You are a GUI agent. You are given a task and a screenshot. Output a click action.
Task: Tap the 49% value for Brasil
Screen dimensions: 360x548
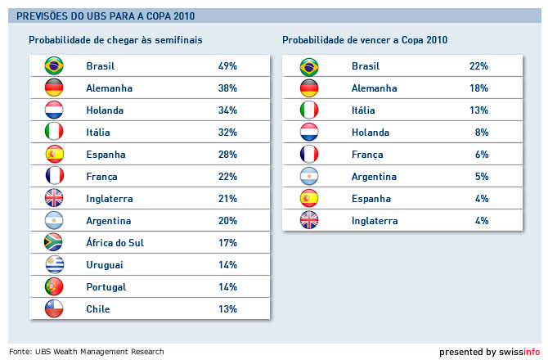pyautogui.click(x=227, y=66)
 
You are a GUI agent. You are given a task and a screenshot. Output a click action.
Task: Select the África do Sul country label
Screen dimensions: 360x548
pyautogui.click(x=115, y=243)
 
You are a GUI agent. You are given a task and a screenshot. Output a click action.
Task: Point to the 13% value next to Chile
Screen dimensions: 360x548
pyautogui.click(x=227, y=309)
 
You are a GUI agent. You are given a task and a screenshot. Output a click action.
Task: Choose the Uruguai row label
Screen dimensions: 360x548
pyautogui.click(x=105, y=265)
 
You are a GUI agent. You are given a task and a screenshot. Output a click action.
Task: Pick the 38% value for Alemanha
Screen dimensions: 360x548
pyautogui.click(x=227, y=88)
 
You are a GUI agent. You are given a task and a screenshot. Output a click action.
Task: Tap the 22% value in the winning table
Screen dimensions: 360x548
pyautogui.click(x=478, y=66)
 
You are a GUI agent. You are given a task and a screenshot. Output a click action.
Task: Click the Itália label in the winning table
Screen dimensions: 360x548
pyautogui.click(x=365, y=110)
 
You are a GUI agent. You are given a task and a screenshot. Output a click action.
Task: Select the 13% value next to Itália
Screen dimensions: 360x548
pyautogui.click(x=478, y=110)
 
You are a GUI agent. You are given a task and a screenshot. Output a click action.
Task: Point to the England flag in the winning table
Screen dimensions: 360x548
pyautogui.click(x=310, y=221)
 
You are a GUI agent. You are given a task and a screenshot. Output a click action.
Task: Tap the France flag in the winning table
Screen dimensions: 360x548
pyautogui.click(x=310, y=155)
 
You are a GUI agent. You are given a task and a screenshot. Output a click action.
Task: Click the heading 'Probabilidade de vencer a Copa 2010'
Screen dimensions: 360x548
pyautogui.click(x=365, y=39)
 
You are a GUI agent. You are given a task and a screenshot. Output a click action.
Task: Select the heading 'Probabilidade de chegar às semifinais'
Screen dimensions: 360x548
pyautogui.click(x=115, y=39)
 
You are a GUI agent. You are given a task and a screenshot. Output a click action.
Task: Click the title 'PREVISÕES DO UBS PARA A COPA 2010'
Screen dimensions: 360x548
pyautogui.click(x=106, y=16)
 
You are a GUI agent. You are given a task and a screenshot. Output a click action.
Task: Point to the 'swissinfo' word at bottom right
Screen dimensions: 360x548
pyautogui.click(x=520, y=352)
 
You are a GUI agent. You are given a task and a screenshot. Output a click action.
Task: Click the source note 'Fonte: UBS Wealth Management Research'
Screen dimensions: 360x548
pyautogui.click(x=87, y=352)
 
